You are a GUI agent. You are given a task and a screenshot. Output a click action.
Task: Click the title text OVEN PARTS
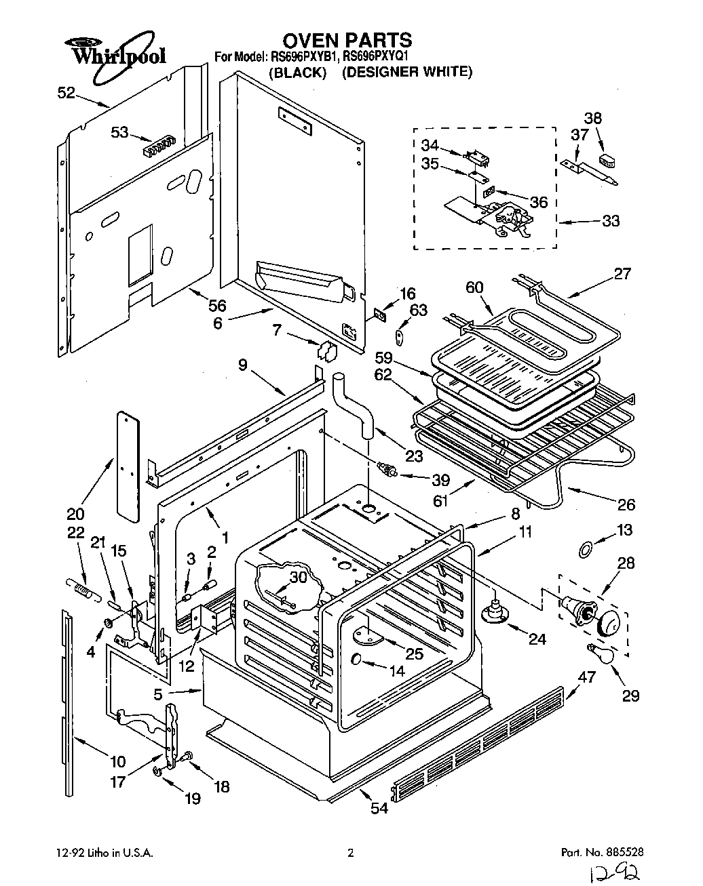347,40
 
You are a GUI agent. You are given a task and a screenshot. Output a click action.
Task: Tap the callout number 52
66,94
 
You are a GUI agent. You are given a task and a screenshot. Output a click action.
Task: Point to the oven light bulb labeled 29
600,653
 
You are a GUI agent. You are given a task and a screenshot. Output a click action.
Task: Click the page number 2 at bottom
350,853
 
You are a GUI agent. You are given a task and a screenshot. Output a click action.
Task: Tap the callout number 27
622,274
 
